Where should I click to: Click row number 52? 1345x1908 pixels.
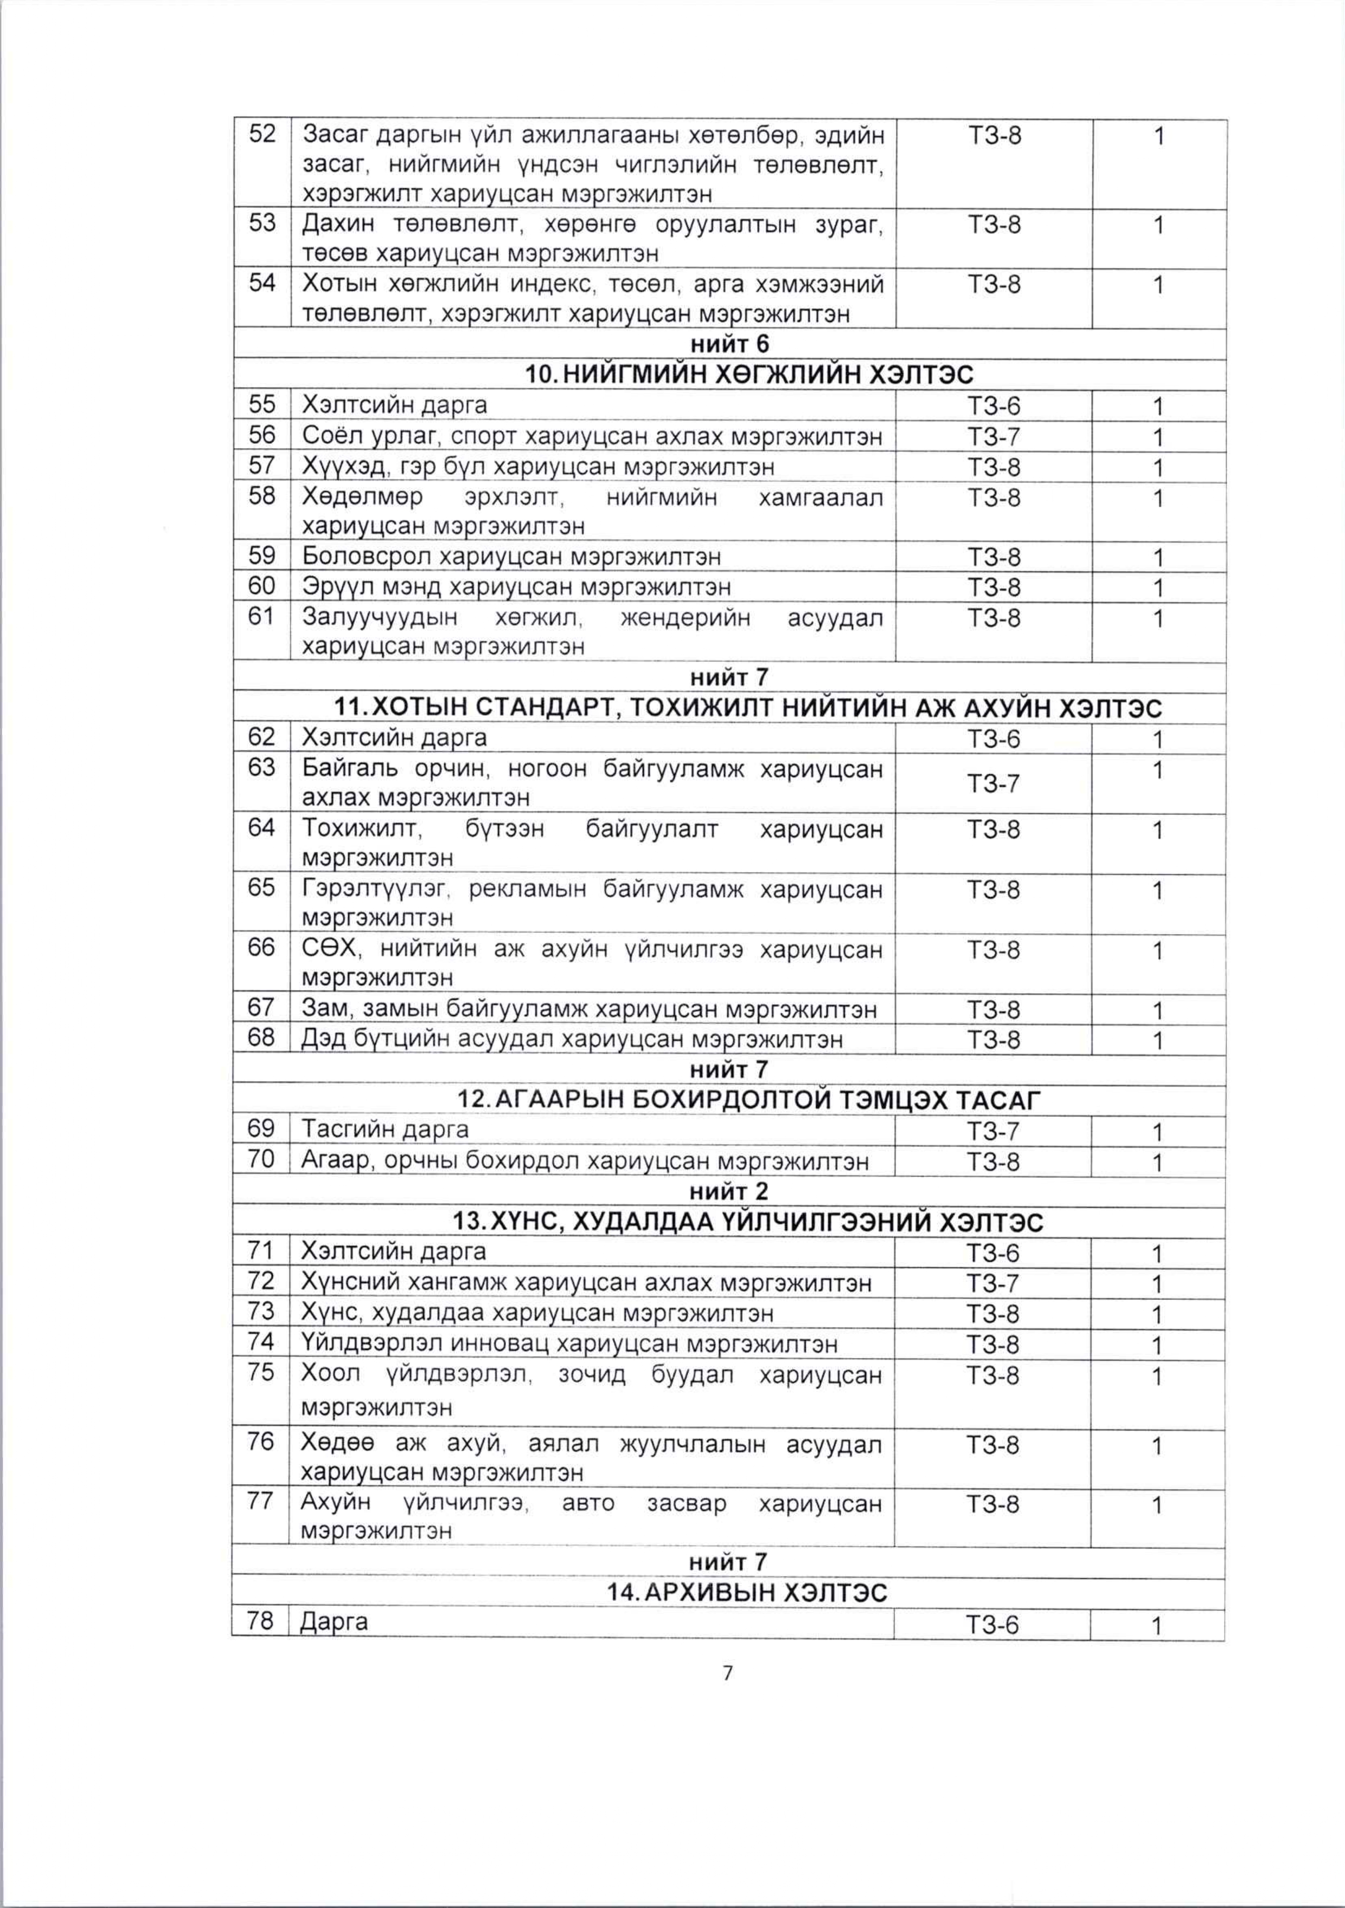click(262, 134)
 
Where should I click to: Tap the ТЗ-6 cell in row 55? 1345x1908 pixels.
click(994, 406)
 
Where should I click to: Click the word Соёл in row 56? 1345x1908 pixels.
click(328, 436)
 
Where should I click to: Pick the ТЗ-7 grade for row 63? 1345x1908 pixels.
click(994, 783)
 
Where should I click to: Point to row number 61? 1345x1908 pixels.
click(262, 617)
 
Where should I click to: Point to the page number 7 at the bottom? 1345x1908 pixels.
click(728, 1673)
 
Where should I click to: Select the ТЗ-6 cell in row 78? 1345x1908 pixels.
click(993, 1625)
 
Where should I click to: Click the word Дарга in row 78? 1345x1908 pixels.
click(334, 1622)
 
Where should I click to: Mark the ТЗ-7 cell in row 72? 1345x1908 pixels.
click(993, 1284)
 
